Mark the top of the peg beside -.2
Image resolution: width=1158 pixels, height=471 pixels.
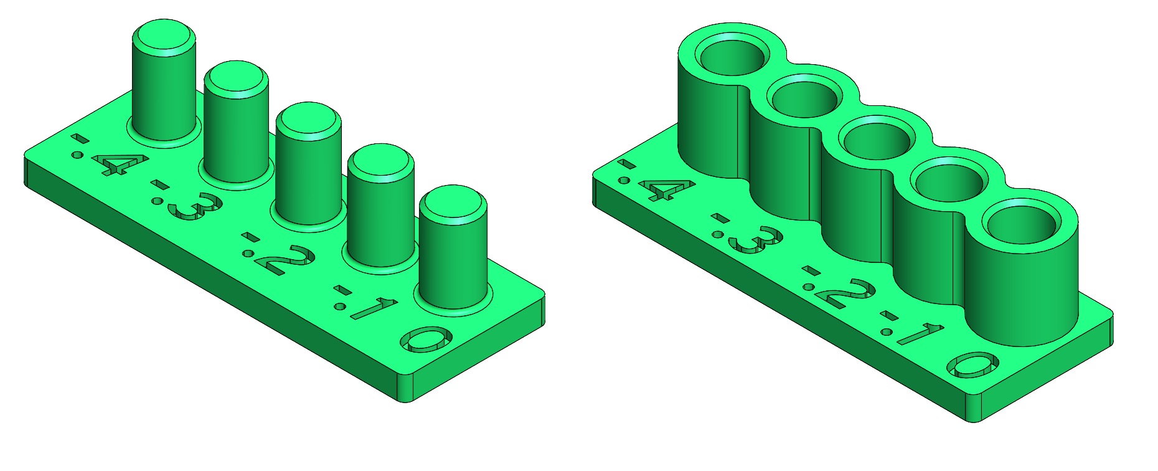point(308,118)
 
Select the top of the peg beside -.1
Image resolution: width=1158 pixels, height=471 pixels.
point(380,160)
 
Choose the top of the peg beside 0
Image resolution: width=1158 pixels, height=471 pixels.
point(453,202)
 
